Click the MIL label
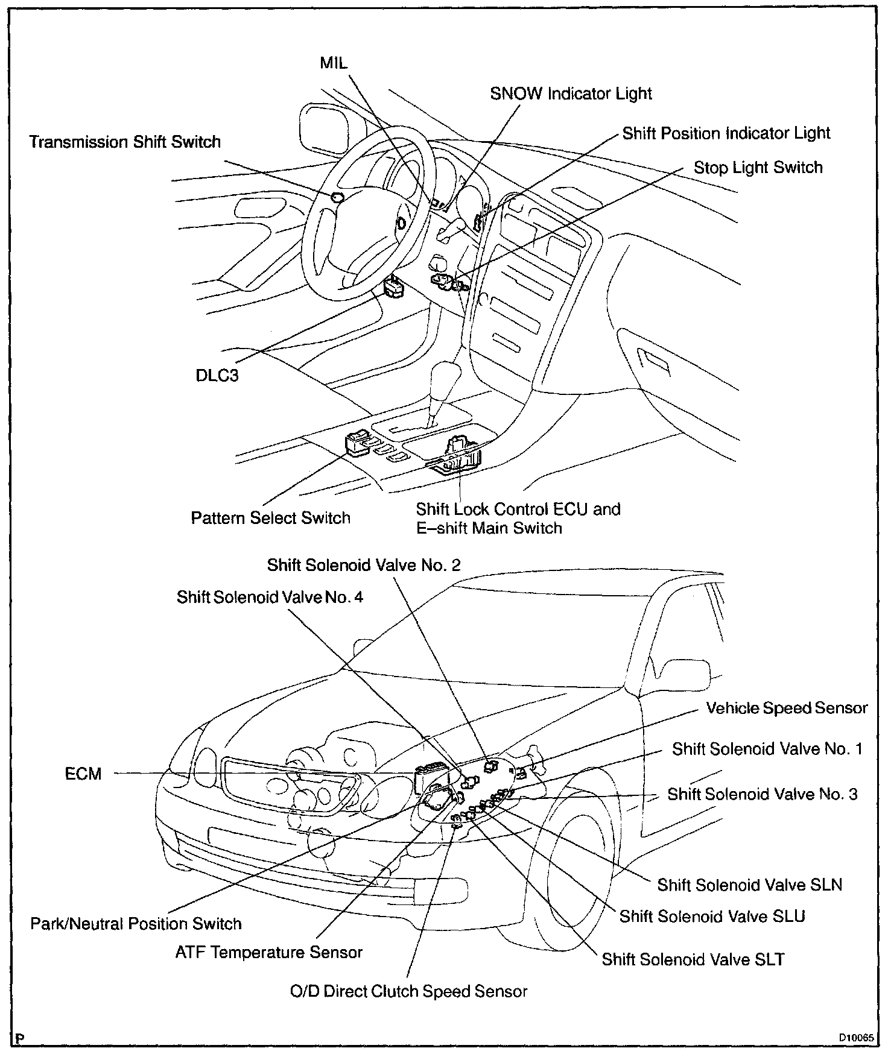click(334, 63)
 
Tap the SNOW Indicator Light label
click(571, 94)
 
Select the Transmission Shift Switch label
click(125, 142)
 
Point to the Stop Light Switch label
click(758, 168)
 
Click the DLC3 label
click(217, 376)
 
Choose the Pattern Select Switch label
click(270, 518)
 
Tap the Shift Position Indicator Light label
click(726, 133)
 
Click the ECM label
click(83, 774)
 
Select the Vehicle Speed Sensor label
click(787, 708)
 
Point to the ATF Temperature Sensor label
click(269, 952)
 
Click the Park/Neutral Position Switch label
click(136, 924)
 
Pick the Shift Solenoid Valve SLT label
click(693, 959)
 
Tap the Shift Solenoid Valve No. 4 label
click(270, 597)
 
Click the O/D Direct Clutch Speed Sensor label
click(408, 991)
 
